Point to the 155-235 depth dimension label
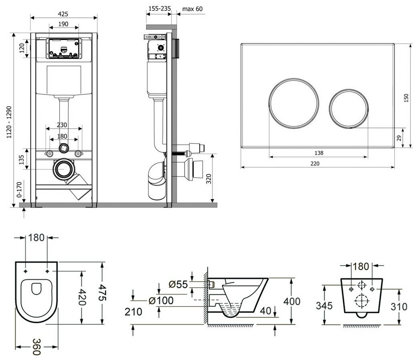159,9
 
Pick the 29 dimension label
398,138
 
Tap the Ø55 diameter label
178,284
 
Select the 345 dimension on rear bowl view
324,306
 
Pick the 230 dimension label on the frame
62,125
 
